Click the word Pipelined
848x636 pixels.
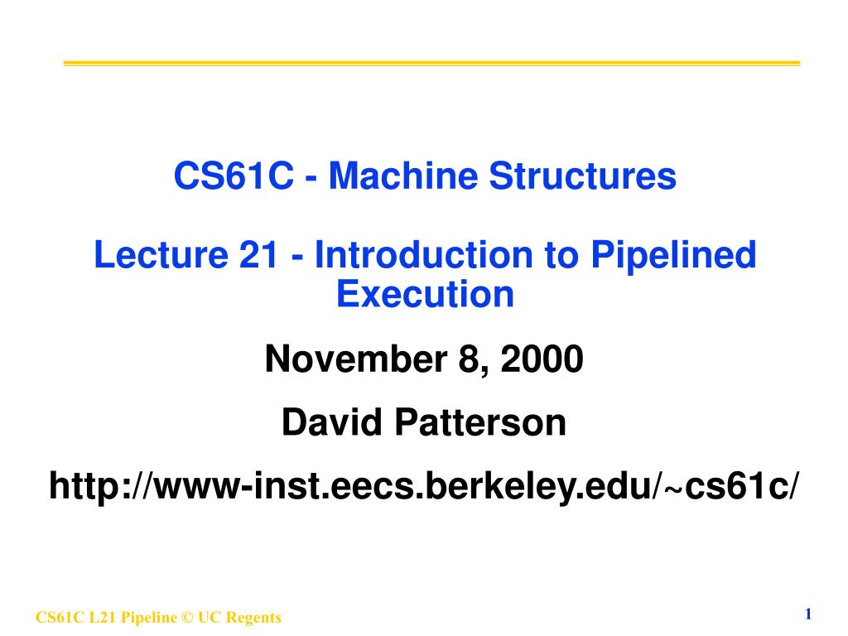pyautogui.click(x=672, y=255)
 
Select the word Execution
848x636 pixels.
pyautogui.click(x=425, y=294)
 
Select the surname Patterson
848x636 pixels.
pyautogui.click(x=480, y=423)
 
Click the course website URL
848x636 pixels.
pyautogui.click(x=424, y=486)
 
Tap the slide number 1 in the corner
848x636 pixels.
pyautogui.click(x=807, y=614)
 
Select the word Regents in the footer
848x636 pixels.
pyautogui.click(x=256, y=618)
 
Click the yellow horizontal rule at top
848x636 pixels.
pyautogui.click(x=431, y=63)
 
